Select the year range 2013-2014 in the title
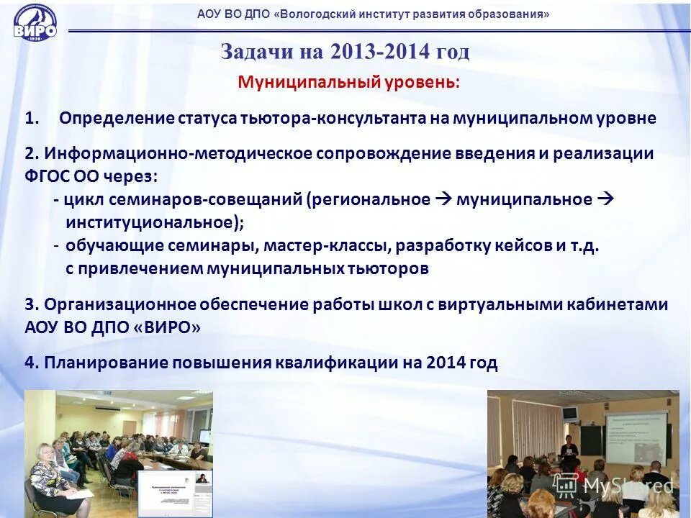click(381, 52)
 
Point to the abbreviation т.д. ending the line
click(584, 245)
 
